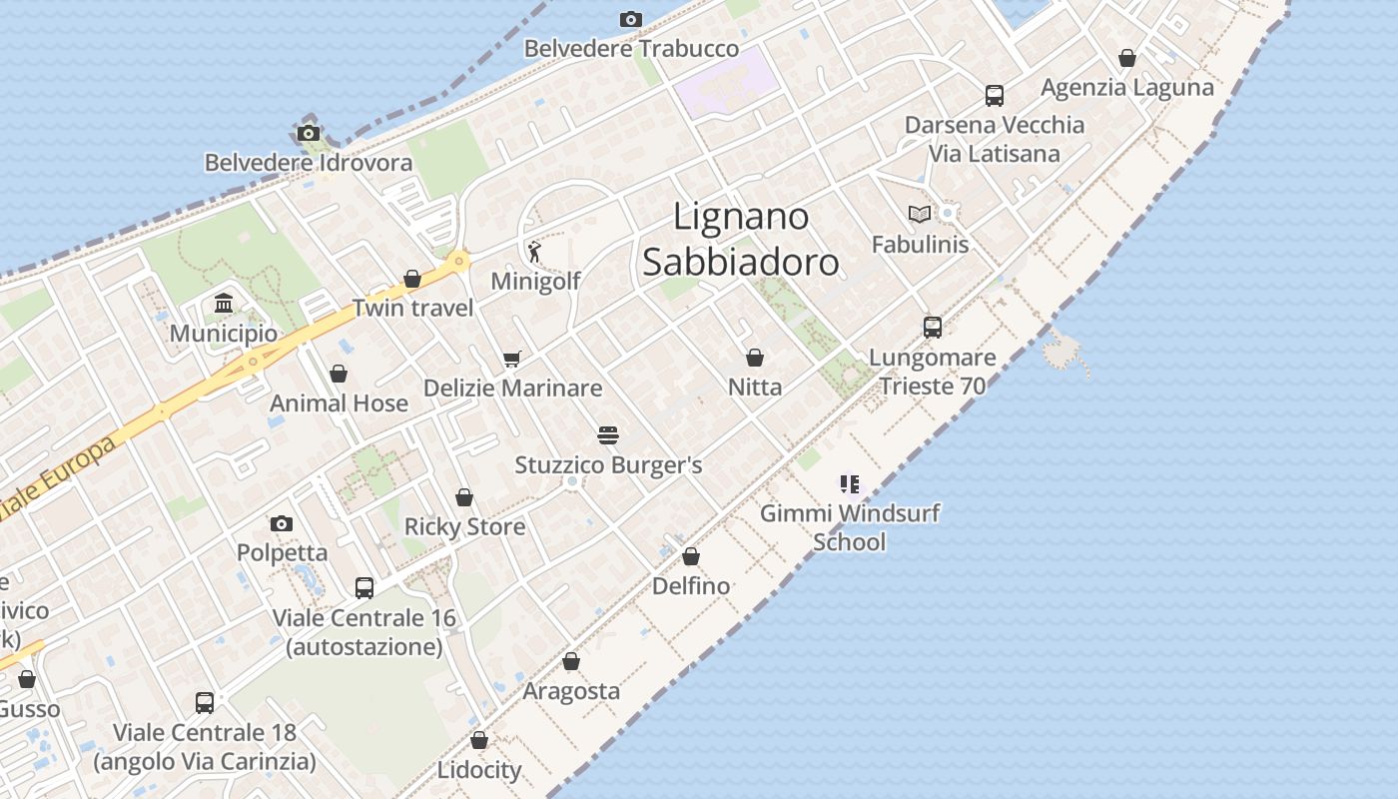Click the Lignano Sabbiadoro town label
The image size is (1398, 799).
pyautogui.click(x=740, y=239)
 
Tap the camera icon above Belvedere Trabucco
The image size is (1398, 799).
pyautogui.click(x=630, y=19)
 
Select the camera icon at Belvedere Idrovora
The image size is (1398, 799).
pyautogui.click(x=309, y=133)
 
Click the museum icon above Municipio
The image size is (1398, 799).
pyautogui.click(x=224, y=303)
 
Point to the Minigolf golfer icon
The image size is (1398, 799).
pyautogui.click(x=535, y=251)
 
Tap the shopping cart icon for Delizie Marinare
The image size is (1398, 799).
pyautogui.click(x=512, y=359)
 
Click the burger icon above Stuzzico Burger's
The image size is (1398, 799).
pyautogui.click(x=608, y=434)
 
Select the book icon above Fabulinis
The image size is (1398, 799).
pyautogui.click(x=920, y=214)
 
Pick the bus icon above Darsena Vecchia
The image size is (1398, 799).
pyautogui.click(x=995, y=95)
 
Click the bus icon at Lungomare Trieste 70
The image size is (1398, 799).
pyautogui.click(x=933, y=327)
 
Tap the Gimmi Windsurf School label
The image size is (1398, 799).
pyautogui.click(x=850, y=527)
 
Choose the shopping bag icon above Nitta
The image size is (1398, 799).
pyautogui.click(x=755, y=357)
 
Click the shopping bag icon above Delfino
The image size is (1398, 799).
pyautogui.click(x=691, y=556)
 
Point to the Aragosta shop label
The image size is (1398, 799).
pyautogui.click(x=571, y=691)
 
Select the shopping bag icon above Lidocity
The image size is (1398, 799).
pyautogui.click(x=479, y=740)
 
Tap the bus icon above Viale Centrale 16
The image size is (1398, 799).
pyautogui.click(x=364, y=588)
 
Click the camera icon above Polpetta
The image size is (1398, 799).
pyautogui.click(x=282, y=523)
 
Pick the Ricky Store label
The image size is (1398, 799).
pyautogui.click(x=464, y=526)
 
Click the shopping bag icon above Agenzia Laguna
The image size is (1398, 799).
pyautogui.click(x=1127, y=58)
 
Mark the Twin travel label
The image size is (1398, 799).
pyautogui.click(x=413, y=308)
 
